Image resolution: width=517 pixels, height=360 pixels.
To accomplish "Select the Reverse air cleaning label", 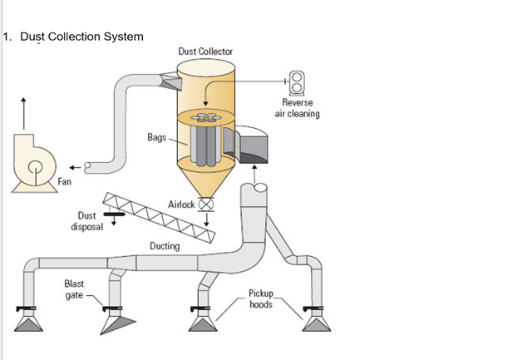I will [x=297, y=109].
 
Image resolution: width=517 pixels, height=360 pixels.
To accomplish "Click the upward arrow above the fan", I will [x=24, y=111].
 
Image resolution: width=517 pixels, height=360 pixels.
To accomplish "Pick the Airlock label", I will [x=180, y=205].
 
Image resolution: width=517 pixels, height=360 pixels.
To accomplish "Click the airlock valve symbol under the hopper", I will [x=206, y=205].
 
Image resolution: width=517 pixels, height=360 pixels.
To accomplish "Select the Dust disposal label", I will [x=86, y=221].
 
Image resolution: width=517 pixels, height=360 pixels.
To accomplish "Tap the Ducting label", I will [x=164, y=246].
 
